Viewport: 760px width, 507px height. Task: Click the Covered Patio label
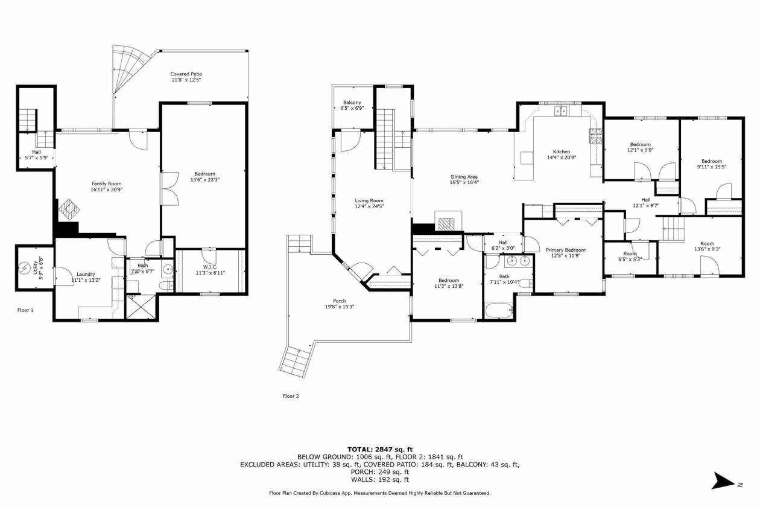click(186, 74)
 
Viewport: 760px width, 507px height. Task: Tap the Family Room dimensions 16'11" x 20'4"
click(107, 190)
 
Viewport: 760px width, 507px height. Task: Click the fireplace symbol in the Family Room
click(69, 210)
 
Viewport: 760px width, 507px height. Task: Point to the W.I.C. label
click(211, 267)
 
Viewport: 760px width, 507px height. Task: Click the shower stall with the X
click(141, 307)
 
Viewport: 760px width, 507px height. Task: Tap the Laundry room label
click(86, 274)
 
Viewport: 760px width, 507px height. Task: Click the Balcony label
click(352, 102)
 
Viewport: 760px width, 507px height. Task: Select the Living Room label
click(369, 200)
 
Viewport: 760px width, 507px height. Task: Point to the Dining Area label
click(464, 177)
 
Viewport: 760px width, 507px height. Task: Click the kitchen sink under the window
click(561, 110)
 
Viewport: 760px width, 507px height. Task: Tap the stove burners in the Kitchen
click(595, 136)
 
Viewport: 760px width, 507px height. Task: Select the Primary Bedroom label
click(566, 250)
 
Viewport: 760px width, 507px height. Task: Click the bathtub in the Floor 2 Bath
click(499, 310)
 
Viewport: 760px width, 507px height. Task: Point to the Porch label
click(340, 301)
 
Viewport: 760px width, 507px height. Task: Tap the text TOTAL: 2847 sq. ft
click(380, 450)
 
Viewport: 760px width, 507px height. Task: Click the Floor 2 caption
click(291, 396)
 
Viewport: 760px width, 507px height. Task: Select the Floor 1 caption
click(25, 310)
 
